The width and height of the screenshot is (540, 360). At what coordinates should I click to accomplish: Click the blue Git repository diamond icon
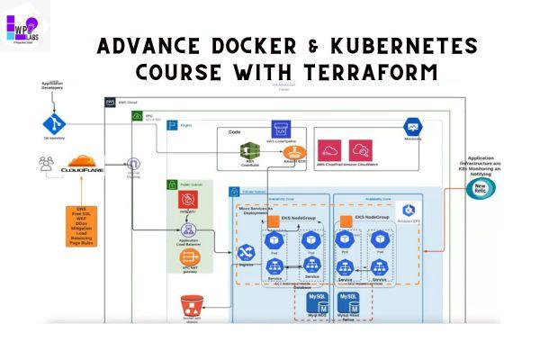[x=50, y=123]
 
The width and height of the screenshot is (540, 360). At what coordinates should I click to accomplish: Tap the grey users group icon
[x=45, y=166]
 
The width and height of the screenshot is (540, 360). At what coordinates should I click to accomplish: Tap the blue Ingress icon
[x=243, y=253]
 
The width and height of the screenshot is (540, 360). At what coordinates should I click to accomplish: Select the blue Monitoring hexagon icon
[x=413, y=126]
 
